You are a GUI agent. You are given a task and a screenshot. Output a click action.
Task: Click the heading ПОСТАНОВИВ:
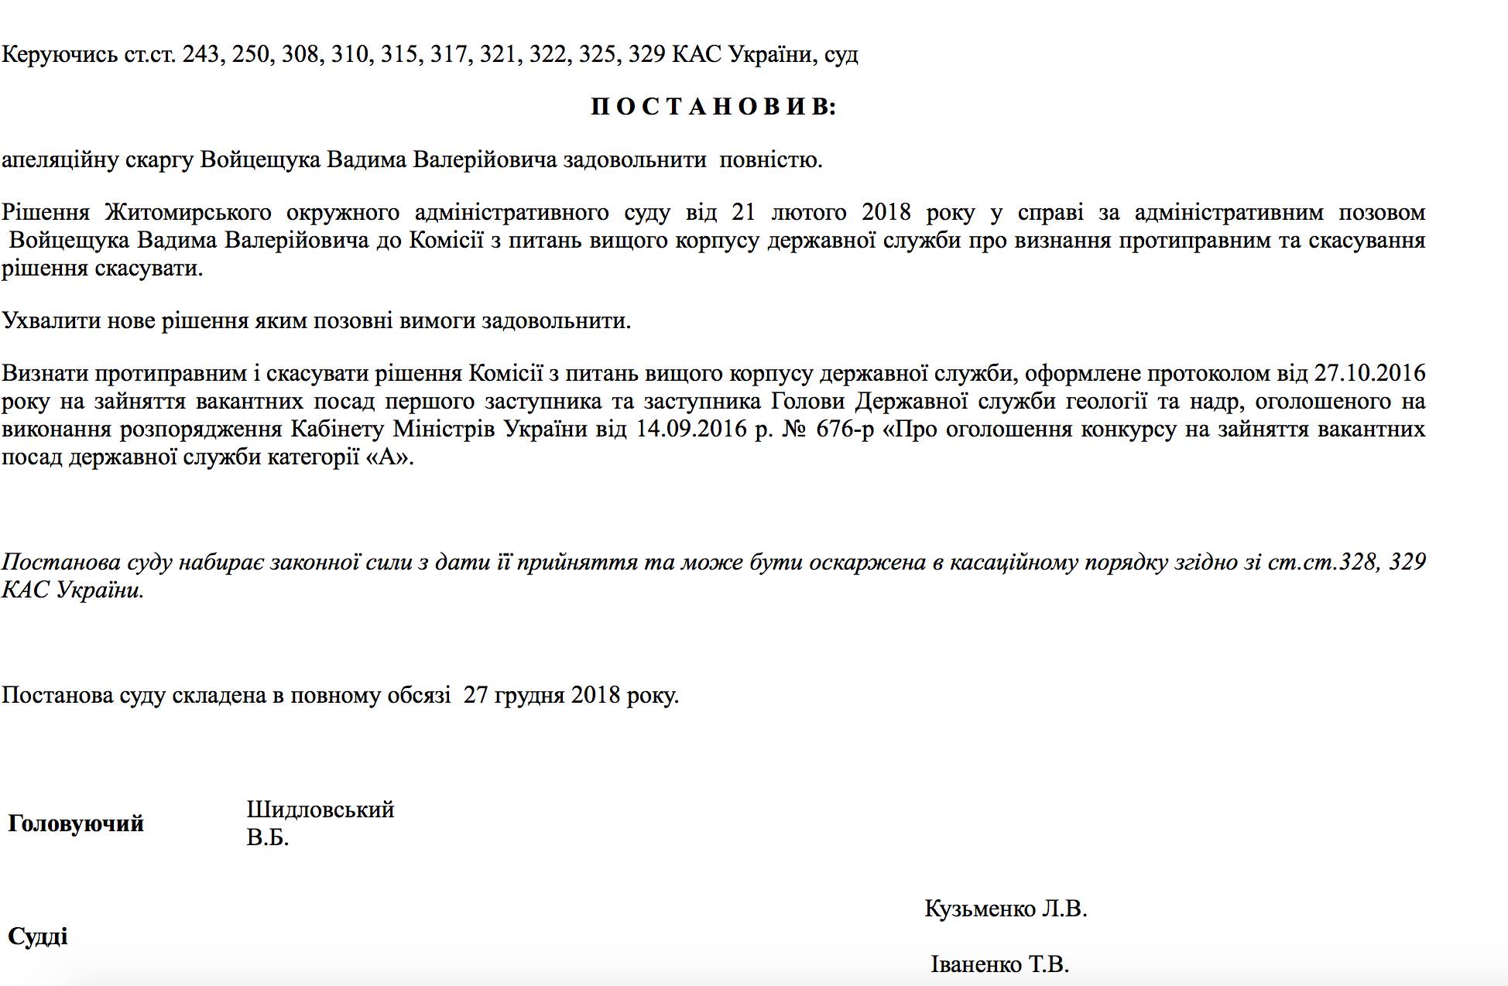[714, 107]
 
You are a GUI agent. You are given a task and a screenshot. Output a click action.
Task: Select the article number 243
[201, 54]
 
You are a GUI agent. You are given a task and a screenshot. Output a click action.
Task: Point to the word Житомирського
[188, 212]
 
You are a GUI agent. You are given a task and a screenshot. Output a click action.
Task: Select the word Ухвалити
[50, 320]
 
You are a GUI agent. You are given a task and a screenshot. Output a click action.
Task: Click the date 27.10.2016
[1369, 373]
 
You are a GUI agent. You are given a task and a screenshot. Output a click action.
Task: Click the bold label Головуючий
[76, 823]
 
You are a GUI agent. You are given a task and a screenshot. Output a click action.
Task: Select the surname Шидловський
[320, 810]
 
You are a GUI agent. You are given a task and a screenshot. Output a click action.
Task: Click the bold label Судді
[38, 936]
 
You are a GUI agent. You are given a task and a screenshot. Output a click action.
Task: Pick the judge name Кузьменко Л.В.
[1006, 908]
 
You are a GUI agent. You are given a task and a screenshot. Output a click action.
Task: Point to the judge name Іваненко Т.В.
[999, 964]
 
